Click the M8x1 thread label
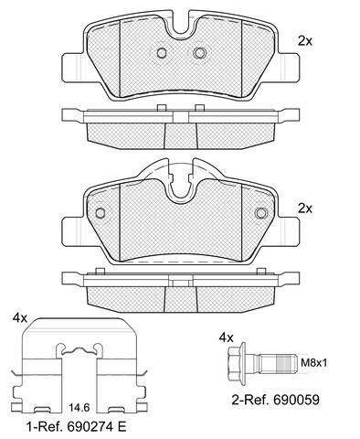pos(313,363)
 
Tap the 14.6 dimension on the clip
pos(79,408)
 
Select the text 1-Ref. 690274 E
pos(76,427)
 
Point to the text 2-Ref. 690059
pos(276,400)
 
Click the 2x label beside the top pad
pos(305,41)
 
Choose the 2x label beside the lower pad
pos(305,209)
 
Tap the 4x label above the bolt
pos(227,337)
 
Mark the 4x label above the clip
pos(20,318)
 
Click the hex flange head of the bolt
pos(237,362)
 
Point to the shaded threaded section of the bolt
pos(286,363)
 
